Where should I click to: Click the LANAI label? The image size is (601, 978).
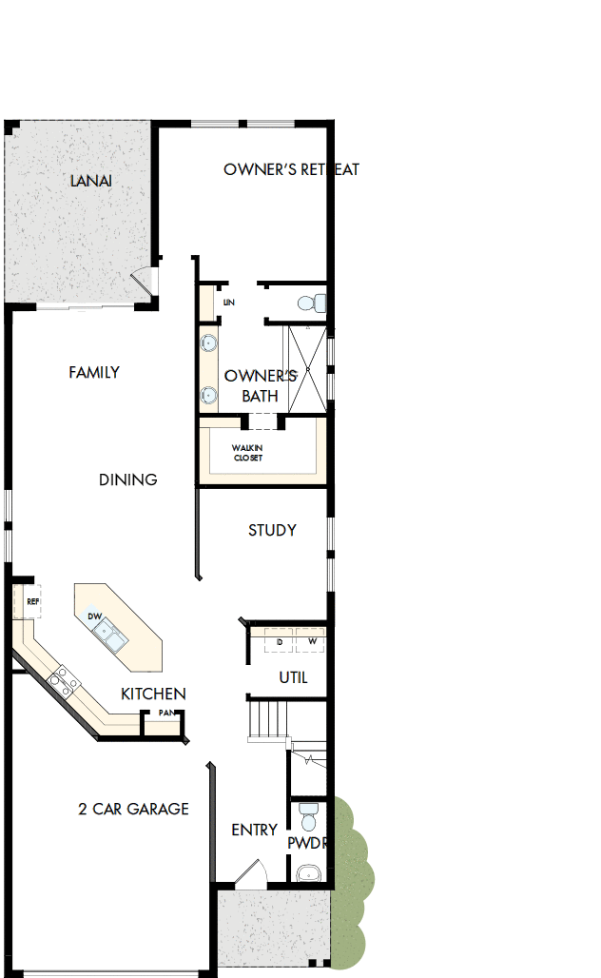[91, 181]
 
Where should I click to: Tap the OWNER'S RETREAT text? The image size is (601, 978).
[291, 170]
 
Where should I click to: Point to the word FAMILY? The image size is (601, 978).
[94, 373]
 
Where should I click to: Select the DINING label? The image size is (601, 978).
[127, 479]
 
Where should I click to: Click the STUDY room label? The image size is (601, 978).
[272, 531]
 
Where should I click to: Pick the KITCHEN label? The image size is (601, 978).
[153, 694]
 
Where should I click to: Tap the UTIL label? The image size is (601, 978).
[293, 678]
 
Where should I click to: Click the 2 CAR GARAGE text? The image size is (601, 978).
[133, 810]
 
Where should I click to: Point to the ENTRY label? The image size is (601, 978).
[254, 831]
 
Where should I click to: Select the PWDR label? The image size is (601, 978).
[307, 843]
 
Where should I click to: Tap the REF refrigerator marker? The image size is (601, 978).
[32, 601]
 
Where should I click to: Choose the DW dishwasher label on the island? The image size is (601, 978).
[95, 616]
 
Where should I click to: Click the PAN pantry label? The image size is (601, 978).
[165, 713]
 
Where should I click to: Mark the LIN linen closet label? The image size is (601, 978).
[228, 303]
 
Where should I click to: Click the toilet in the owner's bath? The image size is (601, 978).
[310, 303]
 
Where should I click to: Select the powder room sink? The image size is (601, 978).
[307, 872]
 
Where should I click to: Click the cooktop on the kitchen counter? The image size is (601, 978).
[63, 679]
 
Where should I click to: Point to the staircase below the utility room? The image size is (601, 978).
[268, 717]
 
